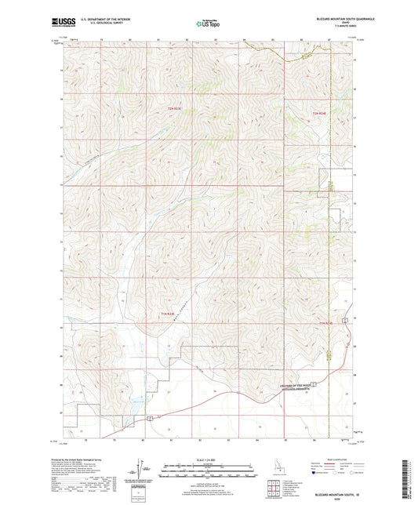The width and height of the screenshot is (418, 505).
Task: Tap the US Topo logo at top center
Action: (x=208, y=24)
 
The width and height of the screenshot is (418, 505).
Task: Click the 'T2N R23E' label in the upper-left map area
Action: (x=174, y=107)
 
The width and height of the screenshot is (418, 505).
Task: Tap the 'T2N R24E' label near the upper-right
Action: (x=319, y=115)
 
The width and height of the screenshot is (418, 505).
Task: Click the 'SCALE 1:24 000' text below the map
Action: (x=208, y=460)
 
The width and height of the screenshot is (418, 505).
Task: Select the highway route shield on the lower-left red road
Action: (x=148, y=421)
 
